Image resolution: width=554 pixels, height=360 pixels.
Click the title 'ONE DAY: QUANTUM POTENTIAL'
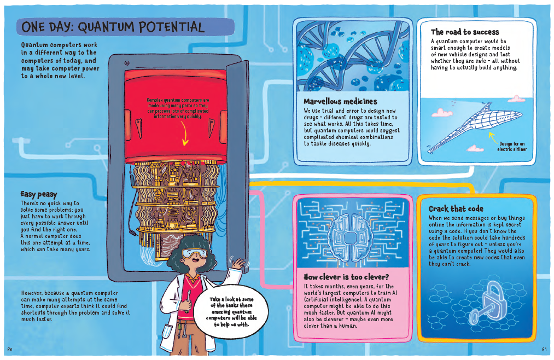coord(113,27)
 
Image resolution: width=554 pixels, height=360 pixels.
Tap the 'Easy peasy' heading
coord(38,194)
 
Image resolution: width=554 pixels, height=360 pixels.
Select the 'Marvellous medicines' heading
coord(340,101)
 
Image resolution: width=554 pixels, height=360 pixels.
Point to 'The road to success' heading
coord(465,32)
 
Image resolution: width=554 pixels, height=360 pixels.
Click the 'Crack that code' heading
coord(456,208)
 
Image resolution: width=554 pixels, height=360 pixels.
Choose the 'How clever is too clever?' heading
coord(346,277)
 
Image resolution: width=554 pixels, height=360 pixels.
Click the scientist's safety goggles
coord(194,253)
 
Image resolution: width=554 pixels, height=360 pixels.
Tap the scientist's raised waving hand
coord(238,263)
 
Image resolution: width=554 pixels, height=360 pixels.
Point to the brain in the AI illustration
coord(350,237)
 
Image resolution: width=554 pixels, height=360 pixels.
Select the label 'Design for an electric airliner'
coord(511,147)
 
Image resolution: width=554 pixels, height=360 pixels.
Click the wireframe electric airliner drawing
coord(475,125)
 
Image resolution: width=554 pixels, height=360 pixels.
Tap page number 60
coord(10,350)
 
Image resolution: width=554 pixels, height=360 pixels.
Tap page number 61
coord(544,350)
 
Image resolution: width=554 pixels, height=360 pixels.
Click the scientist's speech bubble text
coord(231,312)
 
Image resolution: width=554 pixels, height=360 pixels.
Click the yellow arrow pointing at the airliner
coord(493,137)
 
